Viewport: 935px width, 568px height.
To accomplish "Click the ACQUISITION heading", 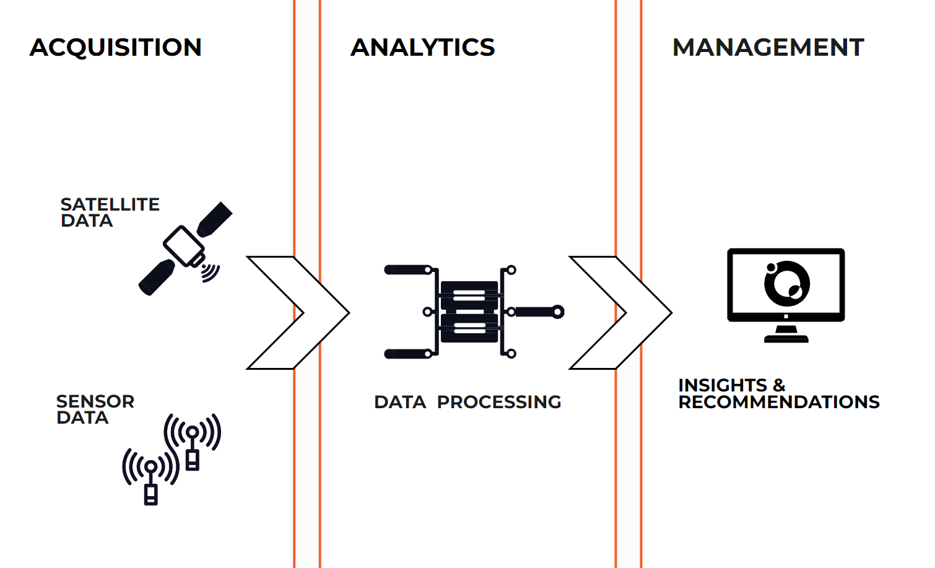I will [116, 48].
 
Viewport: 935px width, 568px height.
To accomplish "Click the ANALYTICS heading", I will [423, 48].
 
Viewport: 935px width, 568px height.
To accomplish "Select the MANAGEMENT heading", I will [768, 48].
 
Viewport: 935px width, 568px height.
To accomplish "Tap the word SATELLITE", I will [110, 204].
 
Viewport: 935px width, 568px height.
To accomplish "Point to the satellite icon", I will [185, 247].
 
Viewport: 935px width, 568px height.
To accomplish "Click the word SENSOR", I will [95, 401].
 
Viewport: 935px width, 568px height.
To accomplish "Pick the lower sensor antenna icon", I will [150, 474].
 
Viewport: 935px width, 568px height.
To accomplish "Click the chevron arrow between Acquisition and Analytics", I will [297, 312].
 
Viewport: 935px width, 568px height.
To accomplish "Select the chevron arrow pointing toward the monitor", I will [620, 312].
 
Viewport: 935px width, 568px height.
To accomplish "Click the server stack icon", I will [469, 312].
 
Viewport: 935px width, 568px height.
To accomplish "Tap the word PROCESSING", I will [499, 402].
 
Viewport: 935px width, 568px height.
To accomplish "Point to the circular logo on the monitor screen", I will [786, 282].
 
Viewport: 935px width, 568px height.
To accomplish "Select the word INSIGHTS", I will [723, 385].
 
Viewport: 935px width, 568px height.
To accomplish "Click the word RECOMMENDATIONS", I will [779, 402].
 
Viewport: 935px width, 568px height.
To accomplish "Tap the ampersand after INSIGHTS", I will [779, 385].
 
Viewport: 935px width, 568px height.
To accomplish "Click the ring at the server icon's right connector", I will [558, 312].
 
